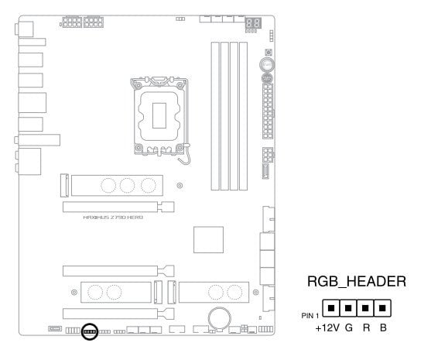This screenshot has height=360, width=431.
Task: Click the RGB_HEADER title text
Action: (357, 282)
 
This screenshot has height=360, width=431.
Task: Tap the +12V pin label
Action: (327, 327)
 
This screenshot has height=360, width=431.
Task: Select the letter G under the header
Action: (348, 327)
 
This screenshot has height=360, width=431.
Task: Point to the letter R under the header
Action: (366, 327)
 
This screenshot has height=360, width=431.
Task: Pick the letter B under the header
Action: (383, 327)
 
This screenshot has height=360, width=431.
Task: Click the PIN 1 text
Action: (310, 316)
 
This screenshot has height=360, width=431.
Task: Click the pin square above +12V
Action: (331, 308)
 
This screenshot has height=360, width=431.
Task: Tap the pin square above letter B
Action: (382, 308)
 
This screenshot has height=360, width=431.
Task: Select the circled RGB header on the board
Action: (90, 331)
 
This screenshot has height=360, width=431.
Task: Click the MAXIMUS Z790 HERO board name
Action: (113, 218)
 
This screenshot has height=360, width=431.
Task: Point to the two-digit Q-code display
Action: (253, 22)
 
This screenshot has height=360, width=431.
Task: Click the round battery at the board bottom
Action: (220, 318)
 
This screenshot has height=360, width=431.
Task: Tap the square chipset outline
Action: (208, 239)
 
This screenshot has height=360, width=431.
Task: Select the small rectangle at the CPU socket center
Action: (159, 115)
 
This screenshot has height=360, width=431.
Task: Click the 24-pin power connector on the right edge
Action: (268, 111)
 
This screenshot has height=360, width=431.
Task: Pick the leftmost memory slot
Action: (215, 116)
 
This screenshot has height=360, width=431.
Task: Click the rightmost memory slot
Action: (243, 116)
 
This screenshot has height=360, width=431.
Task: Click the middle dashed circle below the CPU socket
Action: (127, 185)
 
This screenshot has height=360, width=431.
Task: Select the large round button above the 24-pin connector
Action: (267, 64)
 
